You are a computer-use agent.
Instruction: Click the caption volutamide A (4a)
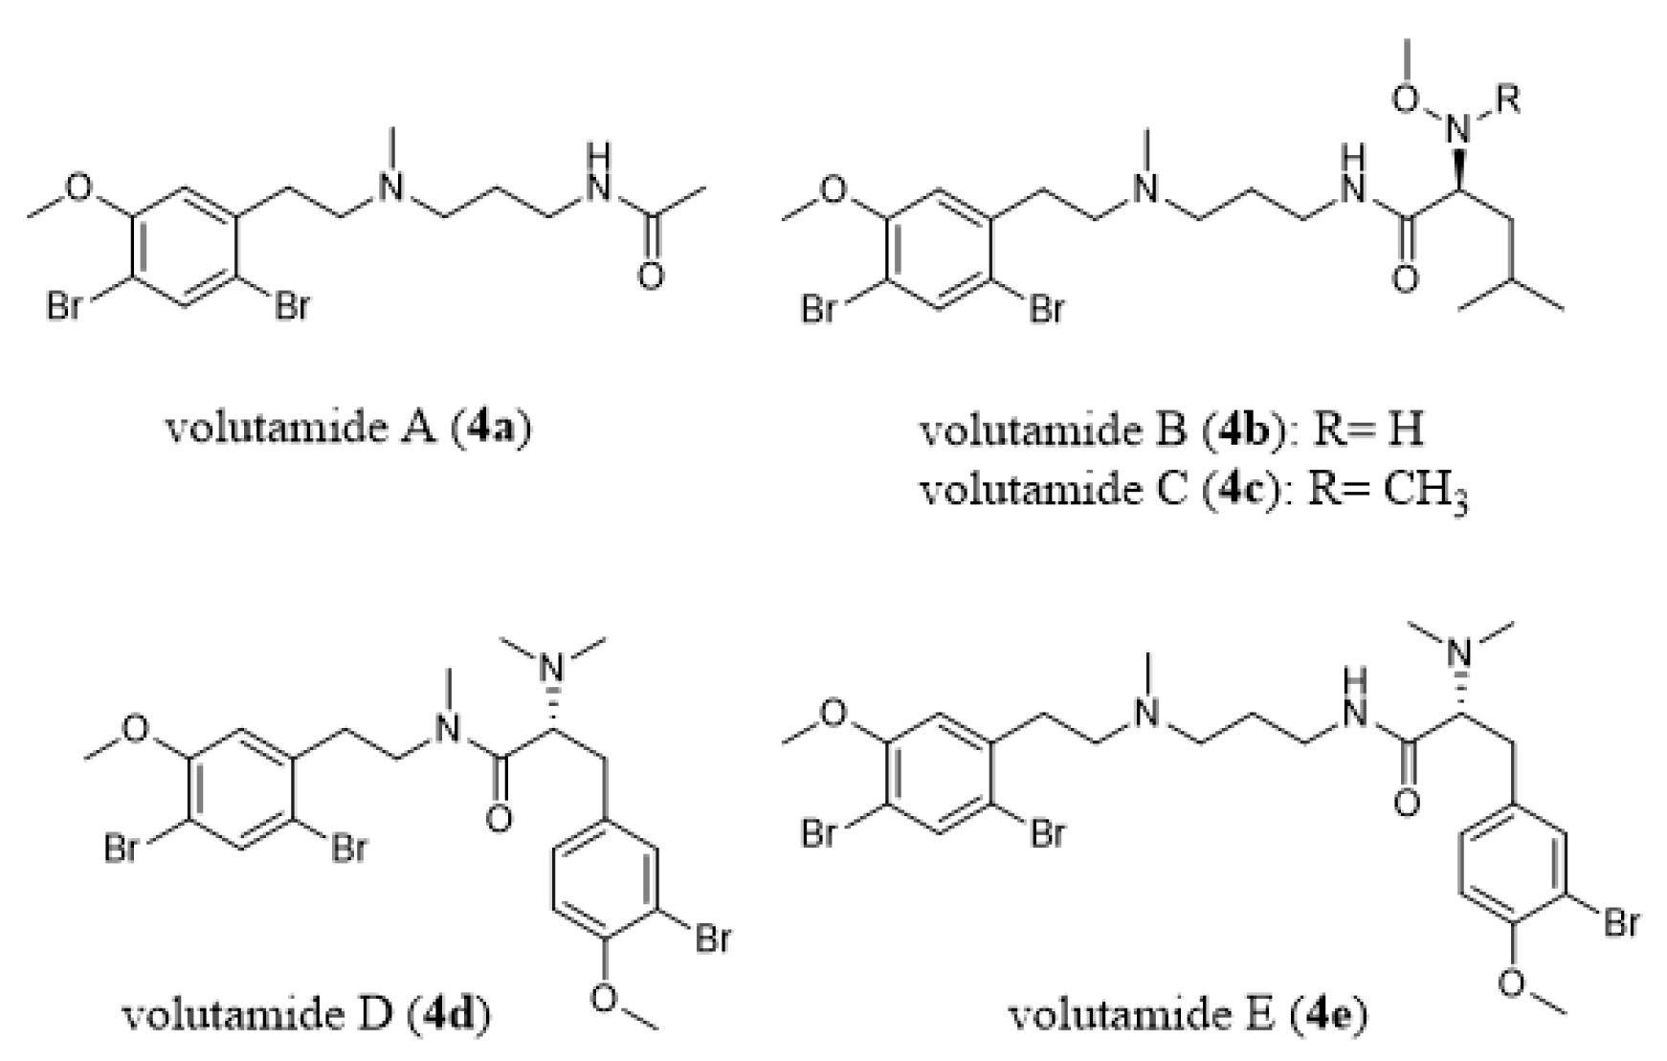point(348,427)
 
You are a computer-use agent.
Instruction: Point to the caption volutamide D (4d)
point(307,1013)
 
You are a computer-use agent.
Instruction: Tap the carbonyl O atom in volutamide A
point(651,276)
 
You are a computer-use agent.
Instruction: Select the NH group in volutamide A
point(600,177)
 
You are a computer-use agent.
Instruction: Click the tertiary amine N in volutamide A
point(389,188)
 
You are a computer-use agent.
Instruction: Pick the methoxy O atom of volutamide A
point(80,188)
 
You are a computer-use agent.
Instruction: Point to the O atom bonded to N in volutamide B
point(1406,99)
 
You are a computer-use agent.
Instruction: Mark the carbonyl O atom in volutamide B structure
point(1406,279)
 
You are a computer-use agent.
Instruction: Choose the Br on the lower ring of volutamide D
point(713,939)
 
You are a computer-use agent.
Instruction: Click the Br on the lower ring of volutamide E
point(1620,923)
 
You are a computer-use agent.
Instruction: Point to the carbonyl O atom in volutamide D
point(499,820)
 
